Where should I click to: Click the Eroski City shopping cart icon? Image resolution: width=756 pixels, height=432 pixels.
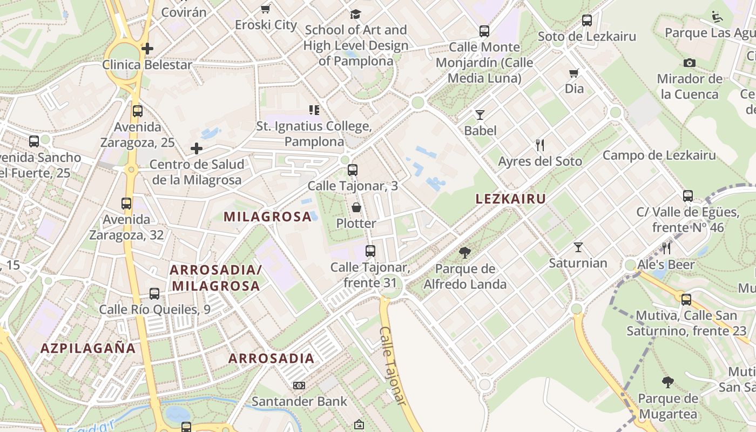pos(265,9)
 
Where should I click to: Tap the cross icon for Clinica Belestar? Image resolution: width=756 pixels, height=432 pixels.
pos(147,49)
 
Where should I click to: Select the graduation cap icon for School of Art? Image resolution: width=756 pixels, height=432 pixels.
pos(355,14)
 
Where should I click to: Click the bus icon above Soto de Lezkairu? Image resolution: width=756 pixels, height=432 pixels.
pos(587,21)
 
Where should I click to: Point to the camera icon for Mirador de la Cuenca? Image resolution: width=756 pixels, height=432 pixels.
pos(689,63)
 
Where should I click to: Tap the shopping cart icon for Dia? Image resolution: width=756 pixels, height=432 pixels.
pos(573,73)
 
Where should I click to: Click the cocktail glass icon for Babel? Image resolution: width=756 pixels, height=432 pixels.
pos(480,114)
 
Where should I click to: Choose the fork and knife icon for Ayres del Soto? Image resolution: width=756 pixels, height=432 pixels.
pos(539,145)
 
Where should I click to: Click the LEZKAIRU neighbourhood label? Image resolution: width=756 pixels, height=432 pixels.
pos(510,199)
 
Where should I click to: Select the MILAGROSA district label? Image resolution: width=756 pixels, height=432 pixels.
pos(268,217)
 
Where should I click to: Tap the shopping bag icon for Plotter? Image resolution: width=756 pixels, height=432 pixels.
pos(356,207)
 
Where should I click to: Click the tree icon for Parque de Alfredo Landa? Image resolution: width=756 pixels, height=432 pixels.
pos(464,252)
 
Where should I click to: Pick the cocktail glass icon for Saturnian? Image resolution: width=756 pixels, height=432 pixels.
pos(578,247)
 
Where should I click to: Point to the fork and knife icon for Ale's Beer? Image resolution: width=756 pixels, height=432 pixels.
pos(666,248)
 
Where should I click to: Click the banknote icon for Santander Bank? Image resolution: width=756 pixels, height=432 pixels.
pos(299,386)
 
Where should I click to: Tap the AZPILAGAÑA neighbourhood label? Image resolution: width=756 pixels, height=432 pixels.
pos(88,348)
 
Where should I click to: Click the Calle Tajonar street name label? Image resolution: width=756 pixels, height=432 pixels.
pos(393,365)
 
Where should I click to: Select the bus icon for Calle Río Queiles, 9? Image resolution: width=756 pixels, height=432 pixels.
pos(154,294)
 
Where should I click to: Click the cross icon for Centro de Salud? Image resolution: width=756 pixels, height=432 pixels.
pos(197,148)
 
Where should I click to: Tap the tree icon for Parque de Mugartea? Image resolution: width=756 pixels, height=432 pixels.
pos(668,383)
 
